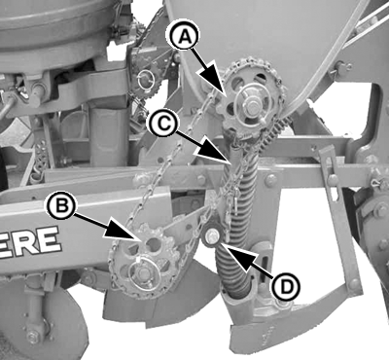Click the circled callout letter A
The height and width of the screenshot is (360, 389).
click(184, 36)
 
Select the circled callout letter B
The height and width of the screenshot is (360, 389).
click(61, 206)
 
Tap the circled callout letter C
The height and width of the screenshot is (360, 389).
click(164, 124)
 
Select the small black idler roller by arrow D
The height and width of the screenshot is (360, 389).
click(211, 234)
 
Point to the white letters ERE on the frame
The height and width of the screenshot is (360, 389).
click(30, 242)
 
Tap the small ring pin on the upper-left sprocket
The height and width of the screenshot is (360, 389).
click(144, 80)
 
